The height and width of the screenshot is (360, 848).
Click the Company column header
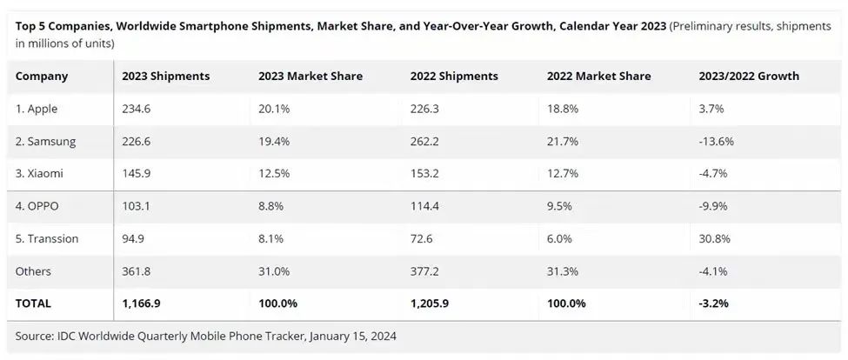[x=42, y=77]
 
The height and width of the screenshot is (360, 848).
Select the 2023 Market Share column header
[x=310, y=77]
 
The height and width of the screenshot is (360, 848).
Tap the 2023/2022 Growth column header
[x=748, y=77]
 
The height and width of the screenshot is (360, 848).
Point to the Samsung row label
[x=45, y=141]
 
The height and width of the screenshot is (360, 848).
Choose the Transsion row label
[x=49, y=238]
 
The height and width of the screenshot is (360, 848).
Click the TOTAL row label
[x=33, y=303]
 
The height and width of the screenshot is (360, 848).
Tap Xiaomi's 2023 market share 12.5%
[x=275, y=174]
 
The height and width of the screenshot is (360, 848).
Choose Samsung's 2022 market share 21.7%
[x=564, y=141]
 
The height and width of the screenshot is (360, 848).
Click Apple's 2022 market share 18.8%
[x=564, y=109]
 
